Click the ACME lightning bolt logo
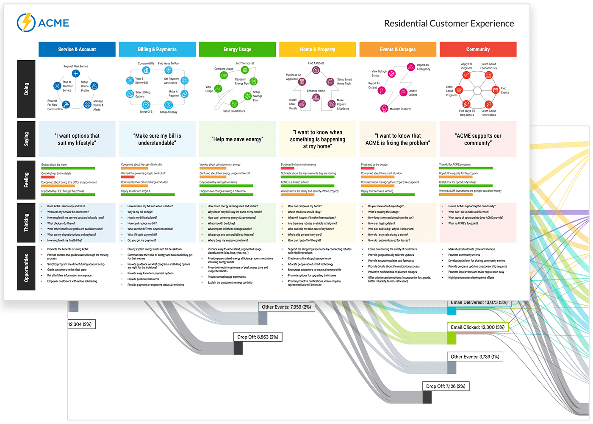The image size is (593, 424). pos(26,23)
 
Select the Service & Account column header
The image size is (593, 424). pos(77,49)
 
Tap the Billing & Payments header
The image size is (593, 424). pos(157,49)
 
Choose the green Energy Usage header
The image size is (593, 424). pos(237,49)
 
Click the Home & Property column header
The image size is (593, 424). pos(317,49)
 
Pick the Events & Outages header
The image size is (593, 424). pos(397,49)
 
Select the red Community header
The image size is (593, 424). pos(478,49)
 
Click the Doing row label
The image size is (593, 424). pos(26,89)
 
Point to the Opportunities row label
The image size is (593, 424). pos(26,268)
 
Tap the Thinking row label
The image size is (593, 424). pos(26,222)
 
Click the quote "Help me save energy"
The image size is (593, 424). pos(237,139)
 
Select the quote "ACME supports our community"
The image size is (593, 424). pos(478,139)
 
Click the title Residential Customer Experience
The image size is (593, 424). pos(449,24)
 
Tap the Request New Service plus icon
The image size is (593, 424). pos(76,74)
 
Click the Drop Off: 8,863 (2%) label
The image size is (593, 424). pos(258,337)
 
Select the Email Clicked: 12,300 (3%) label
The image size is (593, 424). pos(477,327)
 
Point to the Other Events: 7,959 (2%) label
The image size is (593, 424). pos(286,307)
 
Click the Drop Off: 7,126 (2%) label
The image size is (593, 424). pos(446,386)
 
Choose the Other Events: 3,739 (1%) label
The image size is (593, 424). pos(475,357)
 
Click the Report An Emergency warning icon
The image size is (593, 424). pos(411,67)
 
